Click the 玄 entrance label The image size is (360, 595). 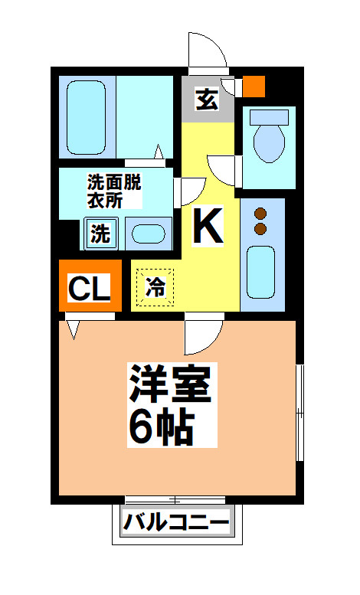pos(206,99)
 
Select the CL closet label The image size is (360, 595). pos(90,288)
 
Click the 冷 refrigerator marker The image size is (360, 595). pos(155,288)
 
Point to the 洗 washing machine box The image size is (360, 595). pos(100,234)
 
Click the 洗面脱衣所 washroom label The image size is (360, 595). pos(115,191)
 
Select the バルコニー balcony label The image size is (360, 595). pos(176,524)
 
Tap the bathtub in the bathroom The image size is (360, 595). pos(86,116)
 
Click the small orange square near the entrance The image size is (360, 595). pos(254,86)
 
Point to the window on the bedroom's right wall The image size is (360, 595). pos(299,414)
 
